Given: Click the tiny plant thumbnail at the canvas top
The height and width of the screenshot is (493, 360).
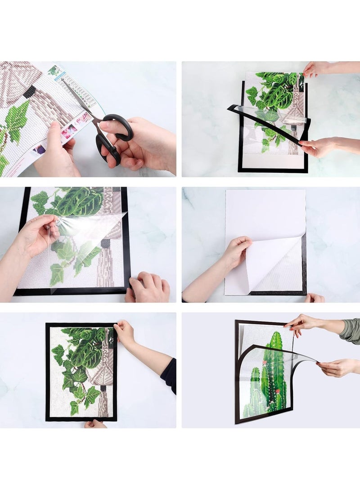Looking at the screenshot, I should (x=54, y=70).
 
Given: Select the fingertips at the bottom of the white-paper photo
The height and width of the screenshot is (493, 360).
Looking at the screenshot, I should (x=314, y=298).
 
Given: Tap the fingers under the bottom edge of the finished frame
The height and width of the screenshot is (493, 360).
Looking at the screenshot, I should (x=95, y=424).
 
